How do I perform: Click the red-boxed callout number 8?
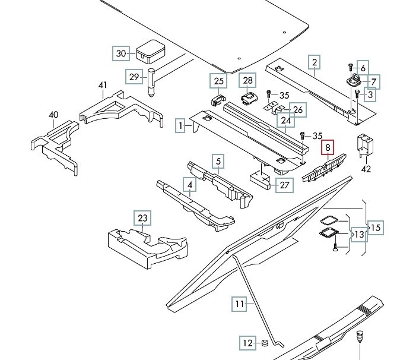click(x=328, y=147)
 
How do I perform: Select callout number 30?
click(x=121, y=53)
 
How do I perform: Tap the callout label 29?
click(x=134, y=77)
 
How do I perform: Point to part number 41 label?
click(x=103, y=85)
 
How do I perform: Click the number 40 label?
click(x=53, y=115)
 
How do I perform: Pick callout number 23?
click(x=142, y=218)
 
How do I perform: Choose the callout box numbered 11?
click(x=240, y=304)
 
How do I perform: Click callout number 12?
click(x=248, y=343)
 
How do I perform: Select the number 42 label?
click(x=366, y=169)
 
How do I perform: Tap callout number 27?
click(x=284, y=185)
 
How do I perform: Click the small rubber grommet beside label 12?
click(x=265, y=343)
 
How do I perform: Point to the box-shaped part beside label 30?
click(x=151, y=52)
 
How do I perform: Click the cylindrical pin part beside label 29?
click(x=151, y=83)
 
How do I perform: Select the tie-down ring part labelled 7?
click(x=353, y=81)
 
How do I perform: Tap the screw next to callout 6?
click(x=350, y=67)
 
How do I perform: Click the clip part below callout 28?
click(x=249, y=98)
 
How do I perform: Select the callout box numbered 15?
click(x=376, y=228)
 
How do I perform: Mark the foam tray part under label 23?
click(x=148, y=248)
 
